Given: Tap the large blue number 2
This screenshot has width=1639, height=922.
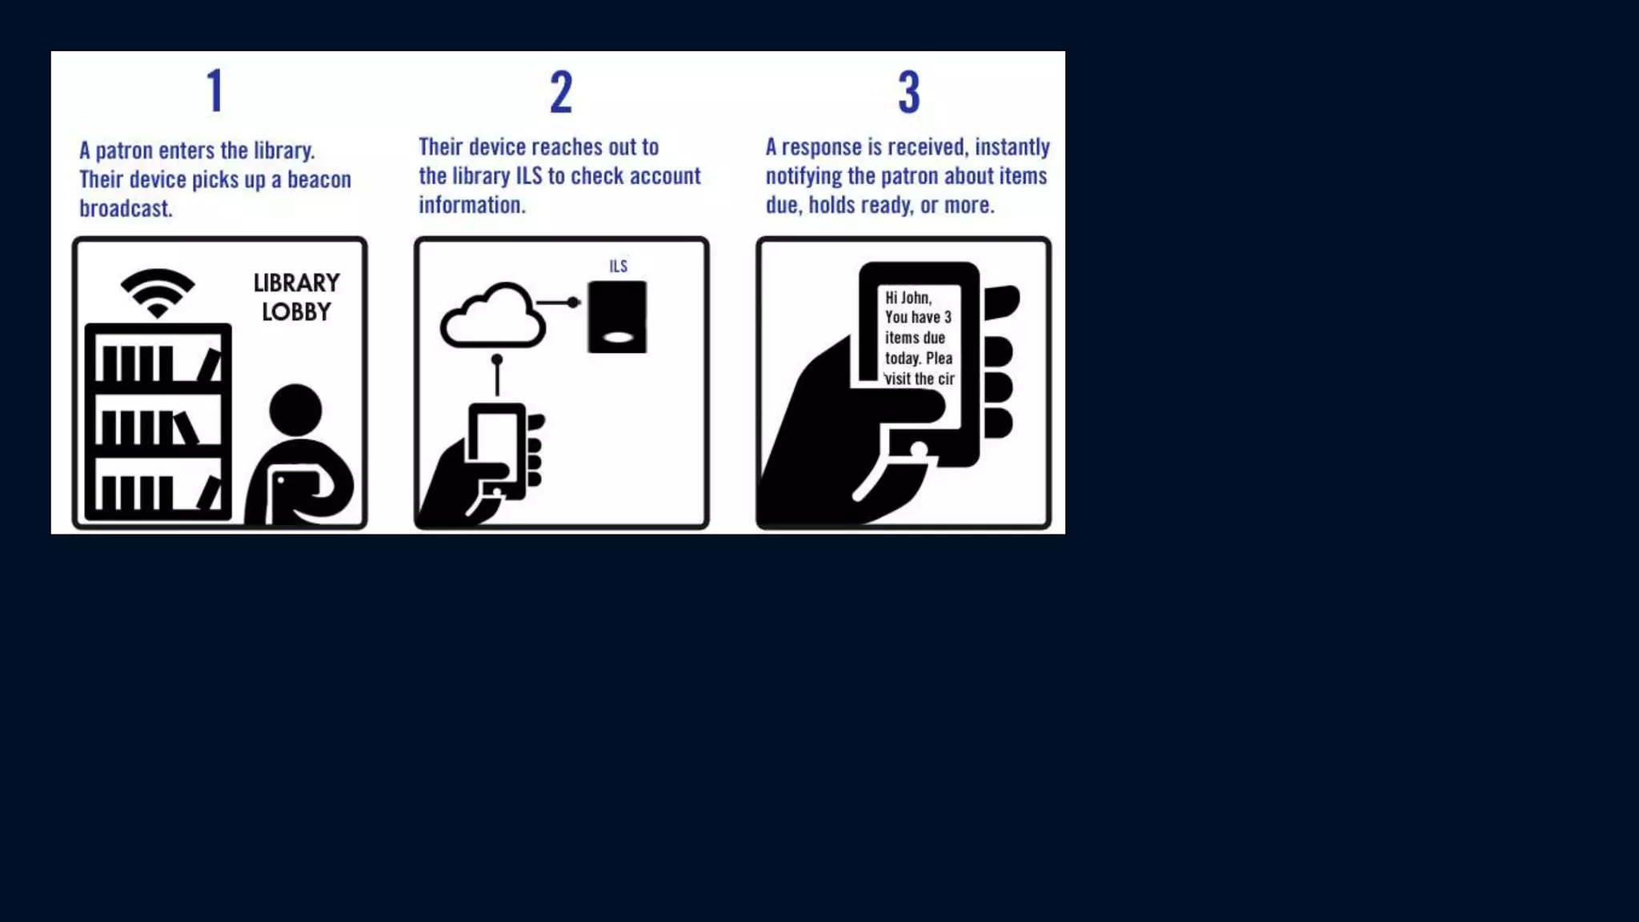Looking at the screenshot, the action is [x=561, y=91].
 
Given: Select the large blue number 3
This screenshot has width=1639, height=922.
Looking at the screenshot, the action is [x=908, y=91].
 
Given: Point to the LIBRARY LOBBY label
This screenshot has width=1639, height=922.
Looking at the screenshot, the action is [x=296, y=297].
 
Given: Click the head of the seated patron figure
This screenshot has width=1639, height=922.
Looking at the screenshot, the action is [x=295, y=411].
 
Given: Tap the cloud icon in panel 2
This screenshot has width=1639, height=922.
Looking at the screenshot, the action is [x=492, y=317].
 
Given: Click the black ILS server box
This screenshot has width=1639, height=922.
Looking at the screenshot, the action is [x=617, y=316].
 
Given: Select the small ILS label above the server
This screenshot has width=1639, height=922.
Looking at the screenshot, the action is [x=618, y=267].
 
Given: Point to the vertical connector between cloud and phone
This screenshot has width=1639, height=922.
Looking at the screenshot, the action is [x=497, y=376].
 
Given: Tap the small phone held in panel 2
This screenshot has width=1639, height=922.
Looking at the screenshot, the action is [x=497, y=448].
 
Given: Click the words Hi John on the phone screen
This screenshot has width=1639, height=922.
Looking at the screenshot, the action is [x=908, y=298].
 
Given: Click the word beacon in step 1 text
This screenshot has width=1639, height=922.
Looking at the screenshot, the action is [x=319, y=179].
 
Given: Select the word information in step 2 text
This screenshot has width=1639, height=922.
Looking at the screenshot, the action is [x=471, y=205].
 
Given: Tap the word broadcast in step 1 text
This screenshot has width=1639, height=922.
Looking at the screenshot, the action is [x=125, y=208].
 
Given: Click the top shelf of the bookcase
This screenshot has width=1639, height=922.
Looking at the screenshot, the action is [x=158, y=363].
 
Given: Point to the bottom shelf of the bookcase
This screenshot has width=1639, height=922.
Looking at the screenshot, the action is [x=158, y=491].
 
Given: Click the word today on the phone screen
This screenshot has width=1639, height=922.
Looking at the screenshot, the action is [x=902, y=359].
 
